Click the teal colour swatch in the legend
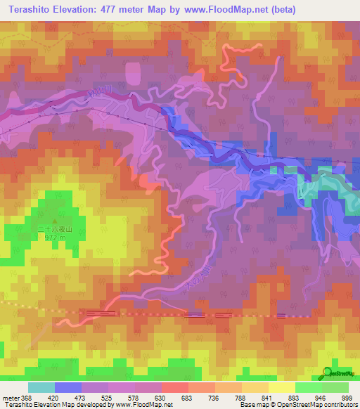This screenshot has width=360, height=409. (x=41, y=387)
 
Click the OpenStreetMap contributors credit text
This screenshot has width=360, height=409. (x=310, y=405)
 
